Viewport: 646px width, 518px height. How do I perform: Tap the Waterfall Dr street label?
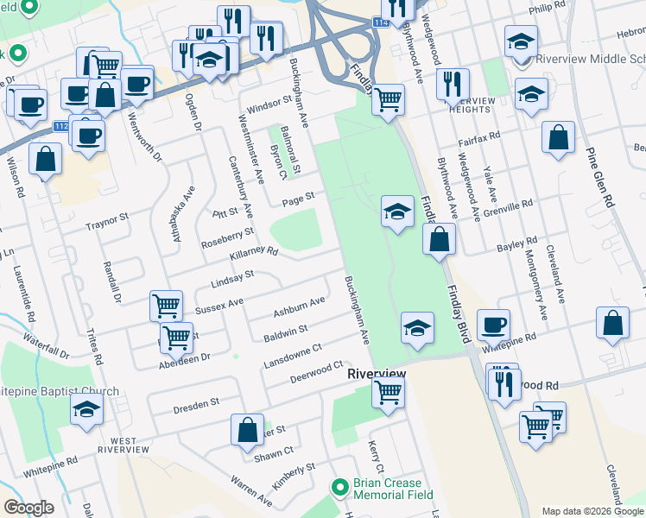(46, 346)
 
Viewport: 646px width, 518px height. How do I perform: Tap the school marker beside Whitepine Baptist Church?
(86, 409)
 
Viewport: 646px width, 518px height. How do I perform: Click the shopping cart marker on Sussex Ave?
(166, 304)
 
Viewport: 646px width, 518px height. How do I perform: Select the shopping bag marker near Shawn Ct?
(247, 429)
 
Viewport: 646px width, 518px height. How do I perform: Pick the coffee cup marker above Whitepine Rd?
(493, 325)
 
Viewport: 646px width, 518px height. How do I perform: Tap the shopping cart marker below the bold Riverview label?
(388, 392)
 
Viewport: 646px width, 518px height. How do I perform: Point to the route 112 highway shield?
(61, 126)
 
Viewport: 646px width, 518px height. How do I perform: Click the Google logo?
(29, 508)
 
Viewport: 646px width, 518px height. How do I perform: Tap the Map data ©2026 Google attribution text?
(592, 511)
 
